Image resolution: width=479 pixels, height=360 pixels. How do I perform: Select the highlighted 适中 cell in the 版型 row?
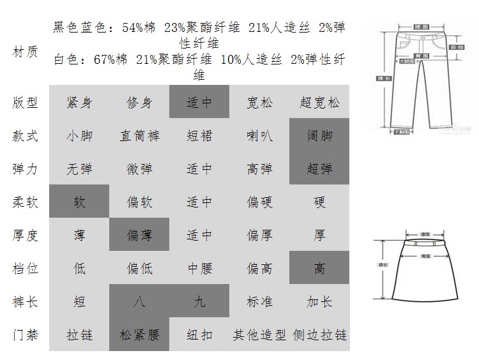tap(199, 102)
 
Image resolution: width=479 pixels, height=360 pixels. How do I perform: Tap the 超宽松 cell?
tap(319, 102)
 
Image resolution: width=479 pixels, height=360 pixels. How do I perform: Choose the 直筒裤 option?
tap(139, 135)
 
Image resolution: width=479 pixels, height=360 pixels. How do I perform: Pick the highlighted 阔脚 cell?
tap(319, 135)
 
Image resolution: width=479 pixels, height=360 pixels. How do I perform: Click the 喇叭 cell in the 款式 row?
tap(259, 135)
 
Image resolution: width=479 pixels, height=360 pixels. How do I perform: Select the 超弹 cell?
tap(319, 169)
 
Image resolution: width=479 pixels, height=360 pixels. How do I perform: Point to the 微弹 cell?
tap(139, 169)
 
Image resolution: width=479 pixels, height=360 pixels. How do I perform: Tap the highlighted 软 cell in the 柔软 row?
tap(79, 202)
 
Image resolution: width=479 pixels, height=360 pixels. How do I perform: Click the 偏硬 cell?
tap(259, 202)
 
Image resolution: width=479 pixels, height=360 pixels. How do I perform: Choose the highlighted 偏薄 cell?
tap(139, 235)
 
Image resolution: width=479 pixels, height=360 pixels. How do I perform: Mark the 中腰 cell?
tap(199, 268)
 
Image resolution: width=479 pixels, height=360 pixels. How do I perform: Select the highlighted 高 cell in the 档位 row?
tap(319, 268)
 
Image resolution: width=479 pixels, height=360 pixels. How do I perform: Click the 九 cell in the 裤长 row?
tap(199, 301)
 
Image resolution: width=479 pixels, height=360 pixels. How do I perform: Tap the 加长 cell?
tap(319, 301)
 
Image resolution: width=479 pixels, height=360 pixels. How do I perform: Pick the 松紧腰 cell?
tap(139, 334)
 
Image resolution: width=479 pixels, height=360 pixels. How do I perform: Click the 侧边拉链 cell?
tap(319, 334)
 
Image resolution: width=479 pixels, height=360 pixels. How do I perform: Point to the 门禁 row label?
tap(26, 334)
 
